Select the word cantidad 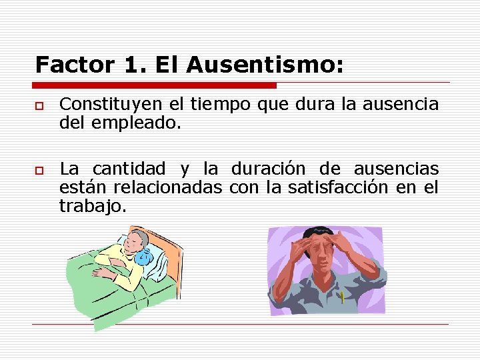tap(122, 169)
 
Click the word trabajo tap(91, 207)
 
